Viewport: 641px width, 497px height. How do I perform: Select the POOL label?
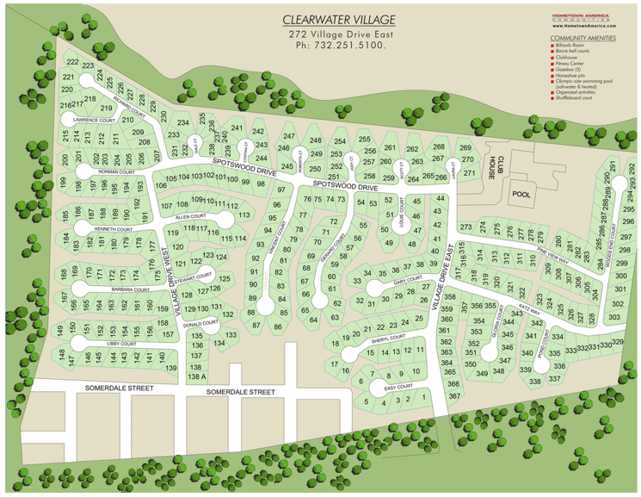(x=522, y=195)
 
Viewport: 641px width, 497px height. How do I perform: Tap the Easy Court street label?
(x=398, y=388)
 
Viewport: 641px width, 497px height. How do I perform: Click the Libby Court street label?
(x=121, y=345)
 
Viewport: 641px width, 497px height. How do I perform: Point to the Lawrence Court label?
(x=93, y=121)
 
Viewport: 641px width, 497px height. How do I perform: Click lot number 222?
(x=72, y=63)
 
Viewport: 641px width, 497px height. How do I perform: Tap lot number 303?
(x=614, y=317)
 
